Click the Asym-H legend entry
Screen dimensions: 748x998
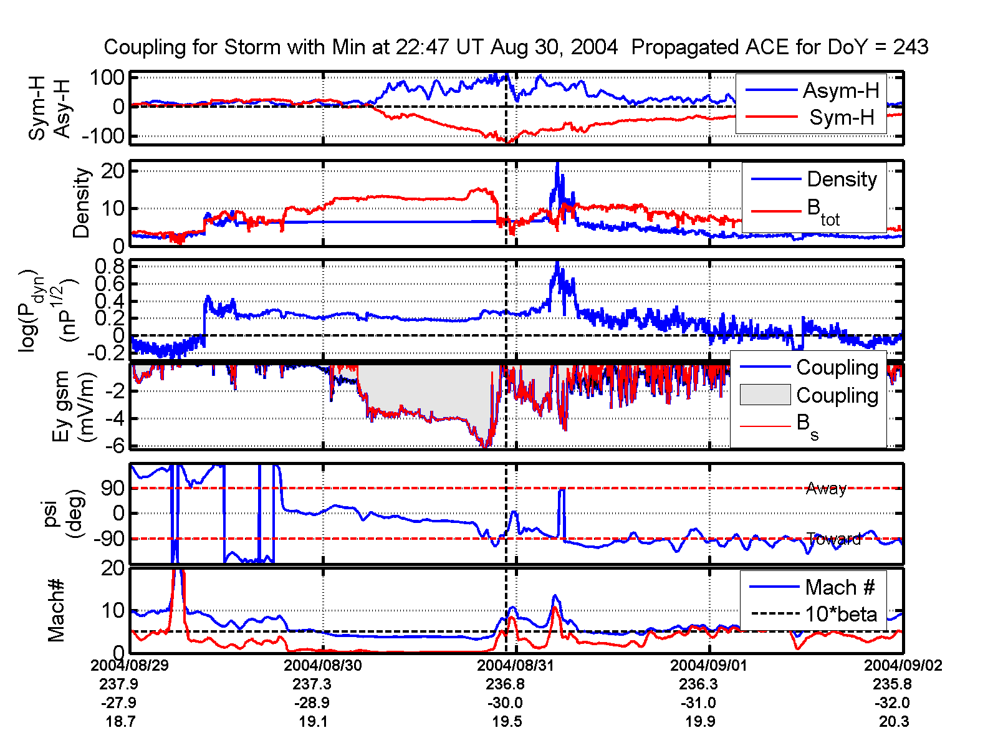click(840, 91)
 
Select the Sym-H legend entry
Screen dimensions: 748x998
click(842, 117)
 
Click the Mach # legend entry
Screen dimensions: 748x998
click(840, 587)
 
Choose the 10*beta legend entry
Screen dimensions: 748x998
click(841, 614)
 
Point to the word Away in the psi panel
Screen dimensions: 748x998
click(826, 488)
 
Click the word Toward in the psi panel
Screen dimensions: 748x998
click(833, 539)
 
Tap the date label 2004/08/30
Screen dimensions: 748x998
click(323, 665)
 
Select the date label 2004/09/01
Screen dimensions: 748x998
click(709, 665)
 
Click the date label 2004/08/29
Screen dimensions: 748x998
click(130, 665)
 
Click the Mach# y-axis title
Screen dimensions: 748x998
click(57, 610)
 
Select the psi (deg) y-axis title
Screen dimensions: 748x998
click(65, 514)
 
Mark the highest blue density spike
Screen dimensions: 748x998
click(557, 165)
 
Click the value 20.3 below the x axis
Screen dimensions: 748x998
click(894, 722)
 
